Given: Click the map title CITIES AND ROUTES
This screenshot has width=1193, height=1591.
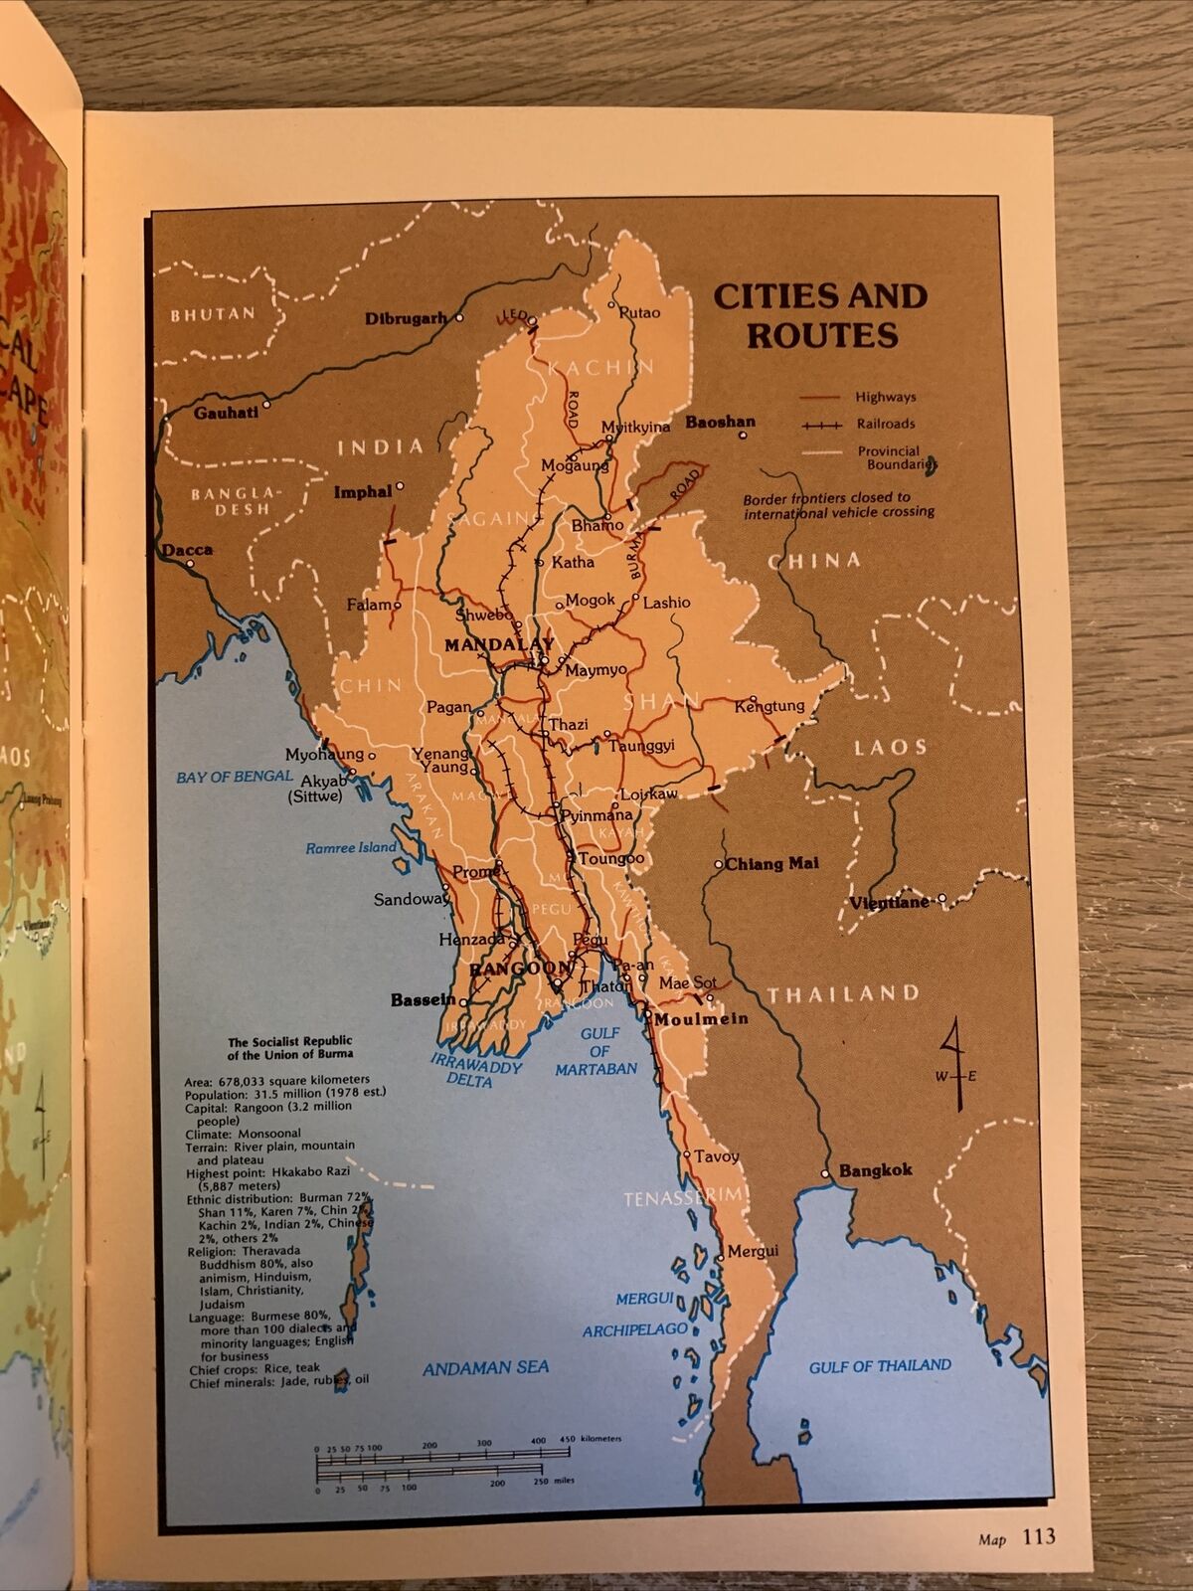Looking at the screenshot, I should (821, 315).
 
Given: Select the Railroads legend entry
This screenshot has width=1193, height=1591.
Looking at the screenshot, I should (885, 424).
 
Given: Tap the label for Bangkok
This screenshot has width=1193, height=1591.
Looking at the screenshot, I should (875, 1170).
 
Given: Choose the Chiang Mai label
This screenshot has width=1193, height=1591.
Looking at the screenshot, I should (771, 863).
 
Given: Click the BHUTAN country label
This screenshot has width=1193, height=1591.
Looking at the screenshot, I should (213, 314).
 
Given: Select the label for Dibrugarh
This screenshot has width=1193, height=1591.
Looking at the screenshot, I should (406, 319).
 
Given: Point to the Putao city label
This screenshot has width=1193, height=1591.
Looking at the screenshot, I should (639, 312).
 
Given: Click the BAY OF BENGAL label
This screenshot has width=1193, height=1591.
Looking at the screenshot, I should (235, 777).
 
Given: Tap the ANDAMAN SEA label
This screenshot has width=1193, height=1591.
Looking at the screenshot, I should (485, 1368).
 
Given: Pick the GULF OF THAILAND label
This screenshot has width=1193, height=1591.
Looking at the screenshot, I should (880, 1366).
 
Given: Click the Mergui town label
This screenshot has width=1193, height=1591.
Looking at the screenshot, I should (753, 1251).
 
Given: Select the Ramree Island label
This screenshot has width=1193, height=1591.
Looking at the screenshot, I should (350, 848).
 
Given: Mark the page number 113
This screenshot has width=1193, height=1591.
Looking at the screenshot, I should (1038, 1537).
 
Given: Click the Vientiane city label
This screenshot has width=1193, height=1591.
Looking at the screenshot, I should (889, 903).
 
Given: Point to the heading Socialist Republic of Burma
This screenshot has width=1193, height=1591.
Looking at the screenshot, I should (289, 1048).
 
